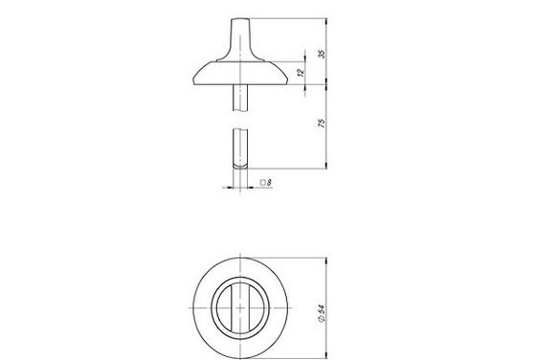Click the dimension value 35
tap(322, 54)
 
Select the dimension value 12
tap(301, 72)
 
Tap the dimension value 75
tap(322, 124)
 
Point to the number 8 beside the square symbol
tap(269, 183)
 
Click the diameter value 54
tap(322, 308)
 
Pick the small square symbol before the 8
tap(263, 183)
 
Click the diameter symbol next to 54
tap(322, 318)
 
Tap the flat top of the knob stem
tap(240, 19)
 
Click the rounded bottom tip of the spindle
tap(240, 167)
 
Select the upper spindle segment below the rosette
tap(240, 98)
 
